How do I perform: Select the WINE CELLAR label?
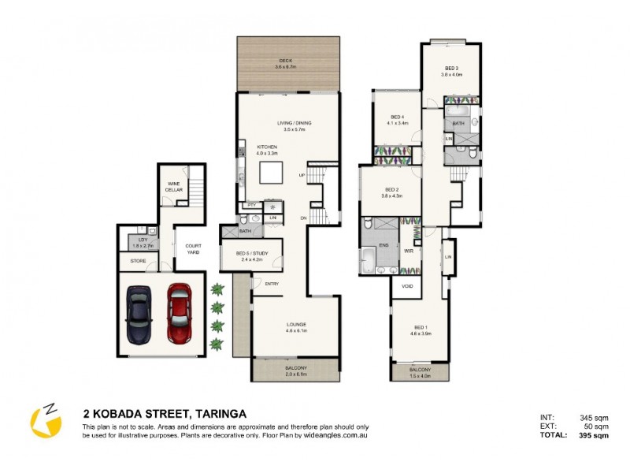pyautogui.click(x=174, y=186)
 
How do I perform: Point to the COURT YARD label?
pyautogui.click(x=193, y=248)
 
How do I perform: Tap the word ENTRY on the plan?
pyautogui.click(x=272, y=284)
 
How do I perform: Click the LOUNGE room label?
pyautogui.click(x=296, y=325)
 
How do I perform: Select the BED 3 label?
pyautogui.click(x=451, y=69)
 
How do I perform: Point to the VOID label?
pyautogui.click(x=407, y=286)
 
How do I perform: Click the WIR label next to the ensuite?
pyautogui.click(x=409, y=251)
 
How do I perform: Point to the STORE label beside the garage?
pyautogui.click(x=138, y=262)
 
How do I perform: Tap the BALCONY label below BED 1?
pyautogui.click(x=420, y=370)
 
